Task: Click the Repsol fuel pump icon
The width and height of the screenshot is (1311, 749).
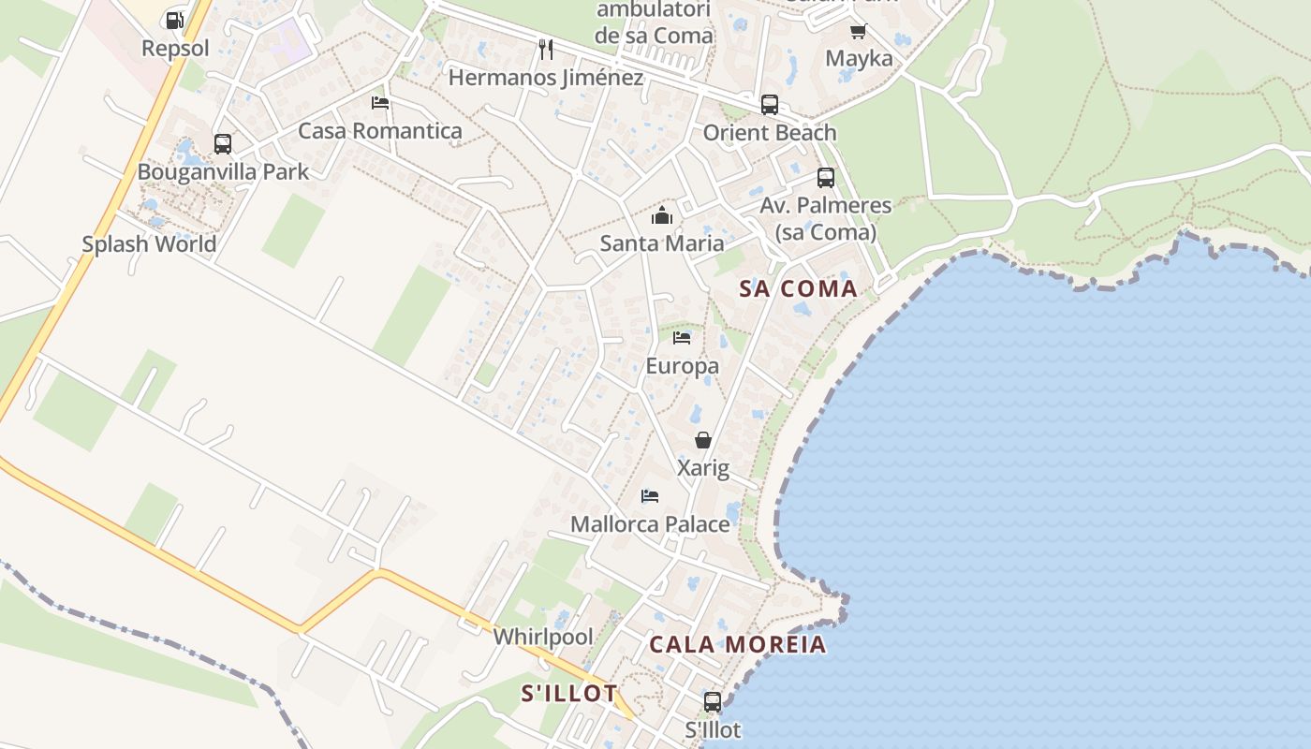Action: (174, 20)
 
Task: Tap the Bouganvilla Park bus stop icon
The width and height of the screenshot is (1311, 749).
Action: (223, 144)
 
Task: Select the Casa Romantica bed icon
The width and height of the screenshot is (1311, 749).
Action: (379, 103)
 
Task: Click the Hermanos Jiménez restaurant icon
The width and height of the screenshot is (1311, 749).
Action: (546, 49)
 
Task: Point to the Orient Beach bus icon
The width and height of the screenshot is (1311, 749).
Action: (769, 105)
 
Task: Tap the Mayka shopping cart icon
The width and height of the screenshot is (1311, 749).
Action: (858, 31)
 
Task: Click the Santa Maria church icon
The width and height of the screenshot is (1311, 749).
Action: (662, 216)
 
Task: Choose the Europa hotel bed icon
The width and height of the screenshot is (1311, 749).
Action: (682, 338)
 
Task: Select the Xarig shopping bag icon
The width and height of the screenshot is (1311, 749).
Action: (703, 440)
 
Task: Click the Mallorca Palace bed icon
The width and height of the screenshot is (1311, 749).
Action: (650, 496)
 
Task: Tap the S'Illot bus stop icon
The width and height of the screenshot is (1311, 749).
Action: (713, 701)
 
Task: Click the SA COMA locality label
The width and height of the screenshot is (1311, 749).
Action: (799, 288)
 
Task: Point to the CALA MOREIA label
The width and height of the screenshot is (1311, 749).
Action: (738, 644)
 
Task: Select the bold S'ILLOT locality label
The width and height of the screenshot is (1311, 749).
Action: (569, 694)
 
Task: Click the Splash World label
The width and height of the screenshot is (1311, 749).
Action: (149, 244)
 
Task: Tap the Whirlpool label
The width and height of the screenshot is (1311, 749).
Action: (543, 637)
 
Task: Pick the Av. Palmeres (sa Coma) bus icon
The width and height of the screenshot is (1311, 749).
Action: (825, 178)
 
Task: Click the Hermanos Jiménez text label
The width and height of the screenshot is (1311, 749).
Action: (546, 78)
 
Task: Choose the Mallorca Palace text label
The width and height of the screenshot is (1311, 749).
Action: (650, 524)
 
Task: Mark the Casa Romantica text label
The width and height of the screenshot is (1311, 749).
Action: (379, 131)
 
